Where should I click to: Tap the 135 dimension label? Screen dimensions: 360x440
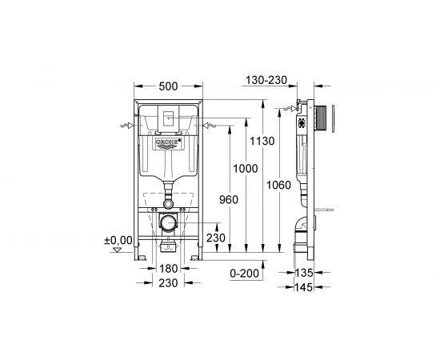tap(302, 272)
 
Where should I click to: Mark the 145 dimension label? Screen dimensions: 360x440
tap(302, 286)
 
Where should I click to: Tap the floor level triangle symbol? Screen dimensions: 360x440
tap(118, 249)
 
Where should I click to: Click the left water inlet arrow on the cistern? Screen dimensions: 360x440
tap(126, 125)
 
